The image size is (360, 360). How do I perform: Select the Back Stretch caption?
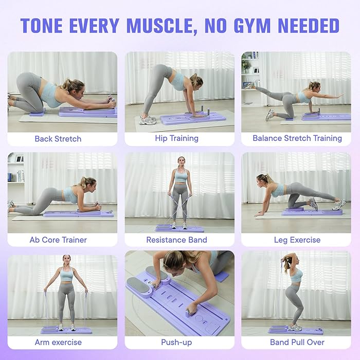[58, 138]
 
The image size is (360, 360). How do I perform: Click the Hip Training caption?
[176, 138]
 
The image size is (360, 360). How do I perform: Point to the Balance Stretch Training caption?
[297, 138]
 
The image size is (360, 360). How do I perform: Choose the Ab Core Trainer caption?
[58, 240]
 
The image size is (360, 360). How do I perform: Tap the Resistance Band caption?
[176, 240]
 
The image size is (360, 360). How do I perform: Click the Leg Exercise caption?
[297, 240]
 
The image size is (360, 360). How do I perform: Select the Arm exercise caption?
[58, 342]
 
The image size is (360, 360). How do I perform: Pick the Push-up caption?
[176, 342]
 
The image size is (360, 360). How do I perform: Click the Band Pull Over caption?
[297, 342]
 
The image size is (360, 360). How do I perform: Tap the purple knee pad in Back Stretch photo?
[37, 112]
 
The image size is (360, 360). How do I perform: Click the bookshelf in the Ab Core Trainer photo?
[16, 170]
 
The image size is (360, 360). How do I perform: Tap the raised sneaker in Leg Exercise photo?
[338, 205]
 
